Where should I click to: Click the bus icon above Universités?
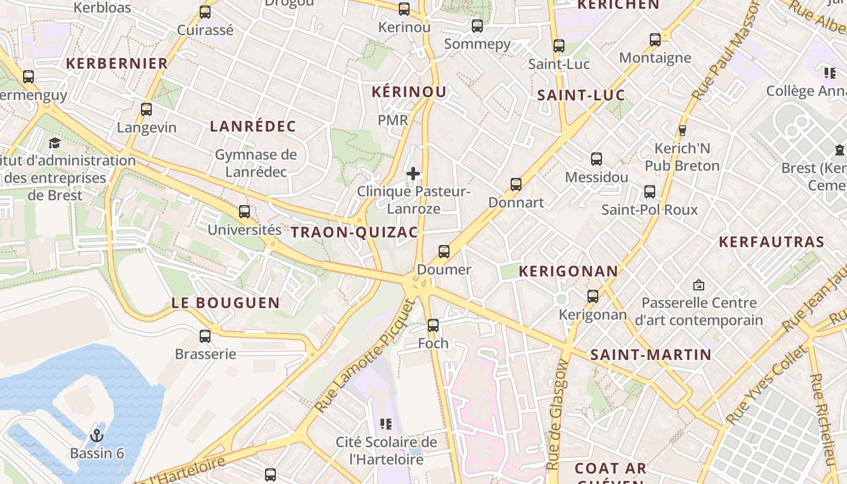tap(244, 212)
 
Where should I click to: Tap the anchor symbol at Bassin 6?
tap(96, 435)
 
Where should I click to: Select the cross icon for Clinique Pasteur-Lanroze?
tap(413, 174)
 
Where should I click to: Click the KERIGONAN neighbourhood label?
tap(569, 271)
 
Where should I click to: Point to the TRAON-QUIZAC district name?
tap(355, 232)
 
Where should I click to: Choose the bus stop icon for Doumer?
tap(444, 252)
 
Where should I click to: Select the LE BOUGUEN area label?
tap(226, 303)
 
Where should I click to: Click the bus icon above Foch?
tap(433, 325)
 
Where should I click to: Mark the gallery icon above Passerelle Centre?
tap(699, 284)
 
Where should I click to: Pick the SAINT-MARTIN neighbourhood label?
tap(651, 355)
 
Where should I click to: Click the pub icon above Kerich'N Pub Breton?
tap(682, 130)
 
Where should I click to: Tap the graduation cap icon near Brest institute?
tap(54, 143)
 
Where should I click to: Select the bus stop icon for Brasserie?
tap(205, 336)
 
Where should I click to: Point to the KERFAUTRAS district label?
tap(771, 242)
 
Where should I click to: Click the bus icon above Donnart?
tap(516, 184)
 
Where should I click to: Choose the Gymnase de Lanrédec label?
tap(256, 163)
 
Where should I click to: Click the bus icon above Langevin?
tap(146, 110)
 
